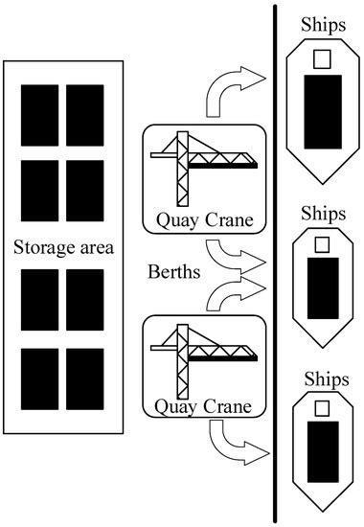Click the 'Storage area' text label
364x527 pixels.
(64, 249)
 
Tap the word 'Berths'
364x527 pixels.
(173, 272)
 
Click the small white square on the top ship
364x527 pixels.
(323, 58)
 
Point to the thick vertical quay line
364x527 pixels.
(277, 263)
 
